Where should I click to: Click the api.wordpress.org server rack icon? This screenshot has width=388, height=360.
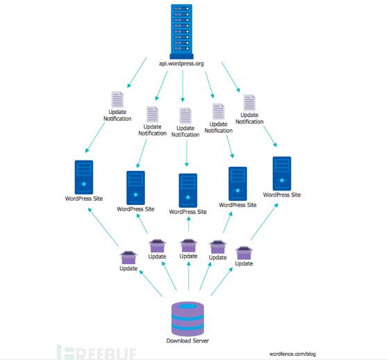[182, 32]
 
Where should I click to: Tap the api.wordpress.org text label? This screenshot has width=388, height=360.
[181, 64]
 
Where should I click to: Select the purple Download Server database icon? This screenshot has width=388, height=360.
[188, 319]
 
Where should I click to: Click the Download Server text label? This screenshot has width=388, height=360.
[187, 341]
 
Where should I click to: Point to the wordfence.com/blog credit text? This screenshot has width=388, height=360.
[292, 354]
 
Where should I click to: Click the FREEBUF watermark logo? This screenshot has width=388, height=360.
[96, 352]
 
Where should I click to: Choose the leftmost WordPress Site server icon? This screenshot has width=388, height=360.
[84, 177]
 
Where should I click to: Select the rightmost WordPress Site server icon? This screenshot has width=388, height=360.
[282, 174]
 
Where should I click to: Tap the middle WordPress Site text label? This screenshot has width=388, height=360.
[188, 212]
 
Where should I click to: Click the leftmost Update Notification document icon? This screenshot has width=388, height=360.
[117, 99]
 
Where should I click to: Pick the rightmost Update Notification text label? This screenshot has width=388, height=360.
[249, 118]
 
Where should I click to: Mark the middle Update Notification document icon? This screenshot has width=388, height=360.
[185, 115]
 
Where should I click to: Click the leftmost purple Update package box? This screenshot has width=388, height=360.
[128, 258]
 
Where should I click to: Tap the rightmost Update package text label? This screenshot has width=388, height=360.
[244, 263]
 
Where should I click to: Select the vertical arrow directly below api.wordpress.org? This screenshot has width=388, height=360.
[183, 85]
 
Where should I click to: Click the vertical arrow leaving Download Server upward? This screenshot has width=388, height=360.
[189, 276]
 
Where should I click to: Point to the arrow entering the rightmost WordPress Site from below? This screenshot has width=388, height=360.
[264, 222]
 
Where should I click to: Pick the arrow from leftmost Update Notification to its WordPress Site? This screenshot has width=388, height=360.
[95, 138]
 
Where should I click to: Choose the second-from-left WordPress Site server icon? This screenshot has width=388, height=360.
[135, 188]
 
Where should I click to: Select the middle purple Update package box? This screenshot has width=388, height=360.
[189, 245]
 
